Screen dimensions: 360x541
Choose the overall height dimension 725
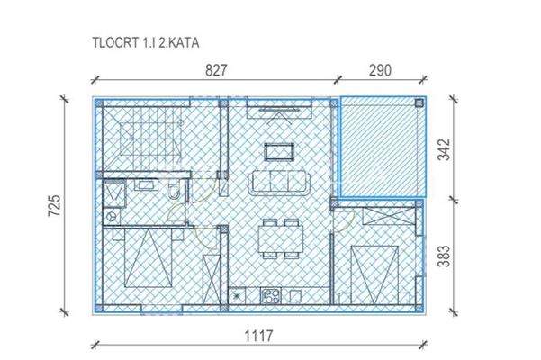point(53,207)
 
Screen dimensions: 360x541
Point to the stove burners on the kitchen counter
point(269,293)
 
